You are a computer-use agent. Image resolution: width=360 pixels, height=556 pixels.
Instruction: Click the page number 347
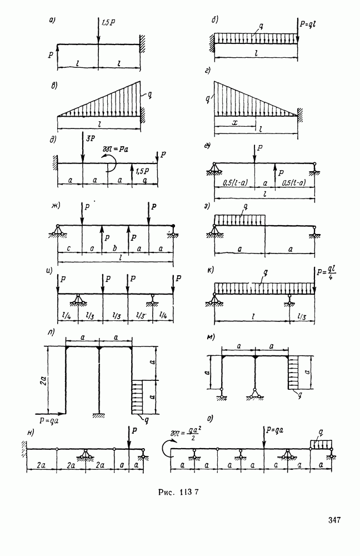[x=333, y=520]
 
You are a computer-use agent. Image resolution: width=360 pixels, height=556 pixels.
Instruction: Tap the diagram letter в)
[x=55, y=85]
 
